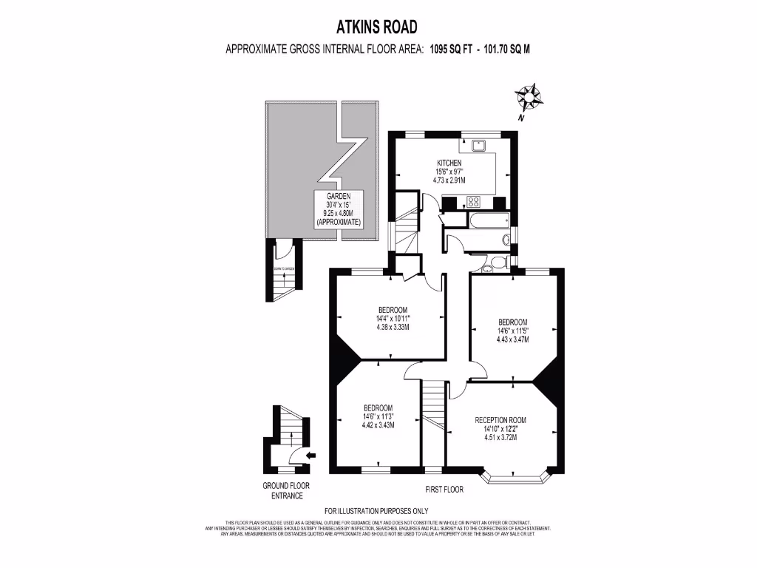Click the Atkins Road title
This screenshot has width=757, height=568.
pyautogui.click(x=378, y=27)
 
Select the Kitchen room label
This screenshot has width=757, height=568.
pyautogui.click(x=449, y=163)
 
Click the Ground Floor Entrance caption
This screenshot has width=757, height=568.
pyautogui.click(x=286, y=490)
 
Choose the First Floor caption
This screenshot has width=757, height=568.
pyautogui.click(x=444, y=490)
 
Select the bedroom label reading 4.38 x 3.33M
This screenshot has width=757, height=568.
pyautogui.click(x=393, y=318)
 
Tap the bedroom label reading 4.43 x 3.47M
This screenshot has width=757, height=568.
pyautogui.click(x=512, y=331)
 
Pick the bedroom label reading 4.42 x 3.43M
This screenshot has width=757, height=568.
pyautogui.click(x=378, y=416)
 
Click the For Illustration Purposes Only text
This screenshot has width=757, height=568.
pyautogui.click(x=376, y=511)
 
